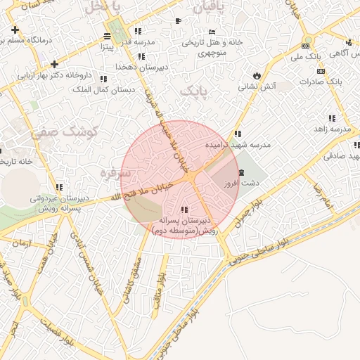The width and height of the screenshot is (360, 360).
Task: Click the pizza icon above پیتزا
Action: click(x=107, y=36)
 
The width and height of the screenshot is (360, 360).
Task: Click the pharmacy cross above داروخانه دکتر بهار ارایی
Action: click(x=55, y=64)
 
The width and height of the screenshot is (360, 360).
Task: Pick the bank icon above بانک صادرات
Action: click(x=322, y=71)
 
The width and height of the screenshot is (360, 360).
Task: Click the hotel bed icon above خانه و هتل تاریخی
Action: click(x=212, y=32)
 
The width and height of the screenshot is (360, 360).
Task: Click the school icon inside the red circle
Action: click(x=184, y=210)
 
